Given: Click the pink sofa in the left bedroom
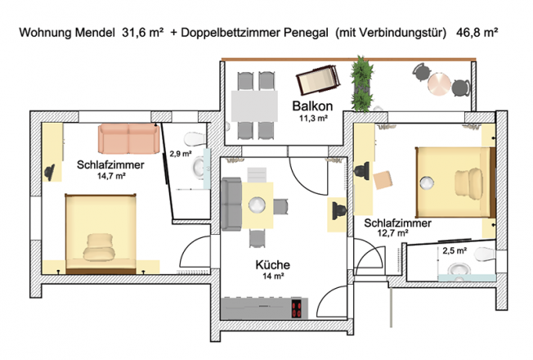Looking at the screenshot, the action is (129, 138).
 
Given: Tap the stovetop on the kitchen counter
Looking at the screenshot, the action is (297, 308).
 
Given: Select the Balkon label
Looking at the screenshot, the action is (312, 106).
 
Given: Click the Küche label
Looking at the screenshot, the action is (272, 265).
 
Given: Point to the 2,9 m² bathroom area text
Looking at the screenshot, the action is (181, 154).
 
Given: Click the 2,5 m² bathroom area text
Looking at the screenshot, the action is (455, 251).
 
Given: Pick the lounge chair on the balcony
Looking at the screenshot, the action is (318, 79).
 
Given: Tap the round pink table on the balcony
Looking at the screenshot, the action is (439, 83).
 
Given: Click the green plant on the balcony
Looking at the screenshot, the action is (361, 84).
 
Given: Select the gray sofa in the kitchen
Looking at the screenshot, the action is (231, 205).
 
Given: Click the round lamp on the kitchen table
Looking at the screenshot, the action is (257, 205).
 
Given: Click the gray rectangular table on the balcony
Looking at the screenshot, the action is (254, 106).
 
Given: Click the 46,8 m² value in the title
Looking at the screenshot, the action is (477, 33).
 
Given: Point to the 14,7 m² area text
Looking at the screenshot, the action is (111, 176).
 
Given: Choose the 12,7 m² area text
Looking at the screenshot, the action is (392, 233).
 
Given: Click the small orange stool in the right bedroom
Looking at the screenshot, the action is (383, 180).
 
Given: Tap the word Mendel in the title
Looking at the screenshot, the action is (95, 33).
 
